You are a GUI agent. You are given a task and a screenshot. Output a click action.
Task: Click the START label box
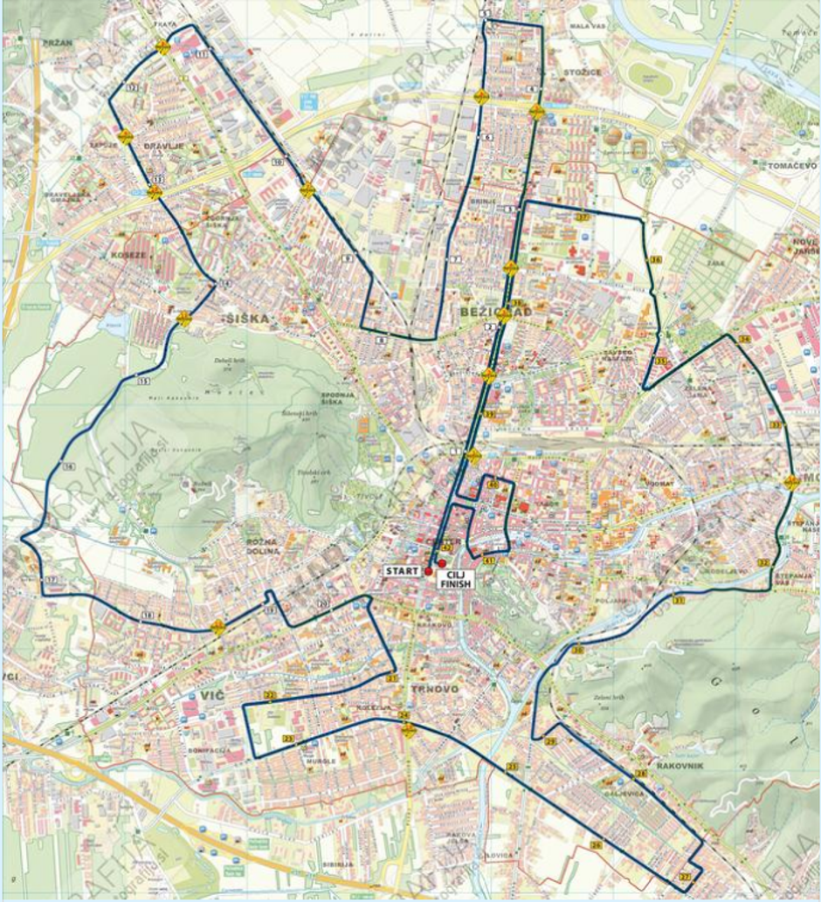pos(402,570)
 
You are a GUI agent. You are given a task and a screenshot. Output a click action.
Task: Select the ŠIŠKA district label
pos(246,319)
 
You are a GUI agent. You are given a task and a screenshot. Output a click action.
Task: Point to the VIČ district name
pos(212,695)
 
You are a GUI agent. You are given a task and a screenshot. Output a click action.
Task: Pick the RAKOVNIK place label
pos(680,766)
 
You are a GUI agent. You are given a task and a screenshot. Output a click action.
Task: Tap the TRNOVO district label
pos(430,688)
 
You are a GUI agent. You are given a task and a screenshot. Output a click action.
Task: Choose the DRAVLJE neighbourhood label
pos(163,146)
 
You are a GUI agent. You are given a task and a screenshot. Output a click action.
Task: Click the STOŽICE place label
pos(583,72)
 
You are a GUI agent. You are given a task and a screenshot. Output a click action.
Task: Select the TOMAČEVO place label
pos(791,165)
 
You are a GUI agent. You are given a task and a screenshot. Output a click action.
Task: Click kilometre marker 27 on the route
pos(685,877)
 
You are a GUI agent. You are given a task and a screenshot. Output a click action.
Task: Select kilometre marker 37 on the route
pos(583,217)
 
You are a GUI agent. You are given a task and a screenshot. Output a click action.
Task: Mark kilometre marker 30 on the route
pos(578,650)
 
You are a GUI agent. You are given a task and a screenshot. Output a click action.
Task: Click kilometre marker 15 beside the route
pos(142,381)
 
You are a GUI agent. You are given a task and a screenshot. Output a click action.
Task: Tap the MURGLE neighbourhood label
pos(321,761)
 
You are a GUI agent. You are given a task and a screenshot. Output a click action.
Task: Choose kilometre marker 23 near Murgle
pos(287,739)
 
